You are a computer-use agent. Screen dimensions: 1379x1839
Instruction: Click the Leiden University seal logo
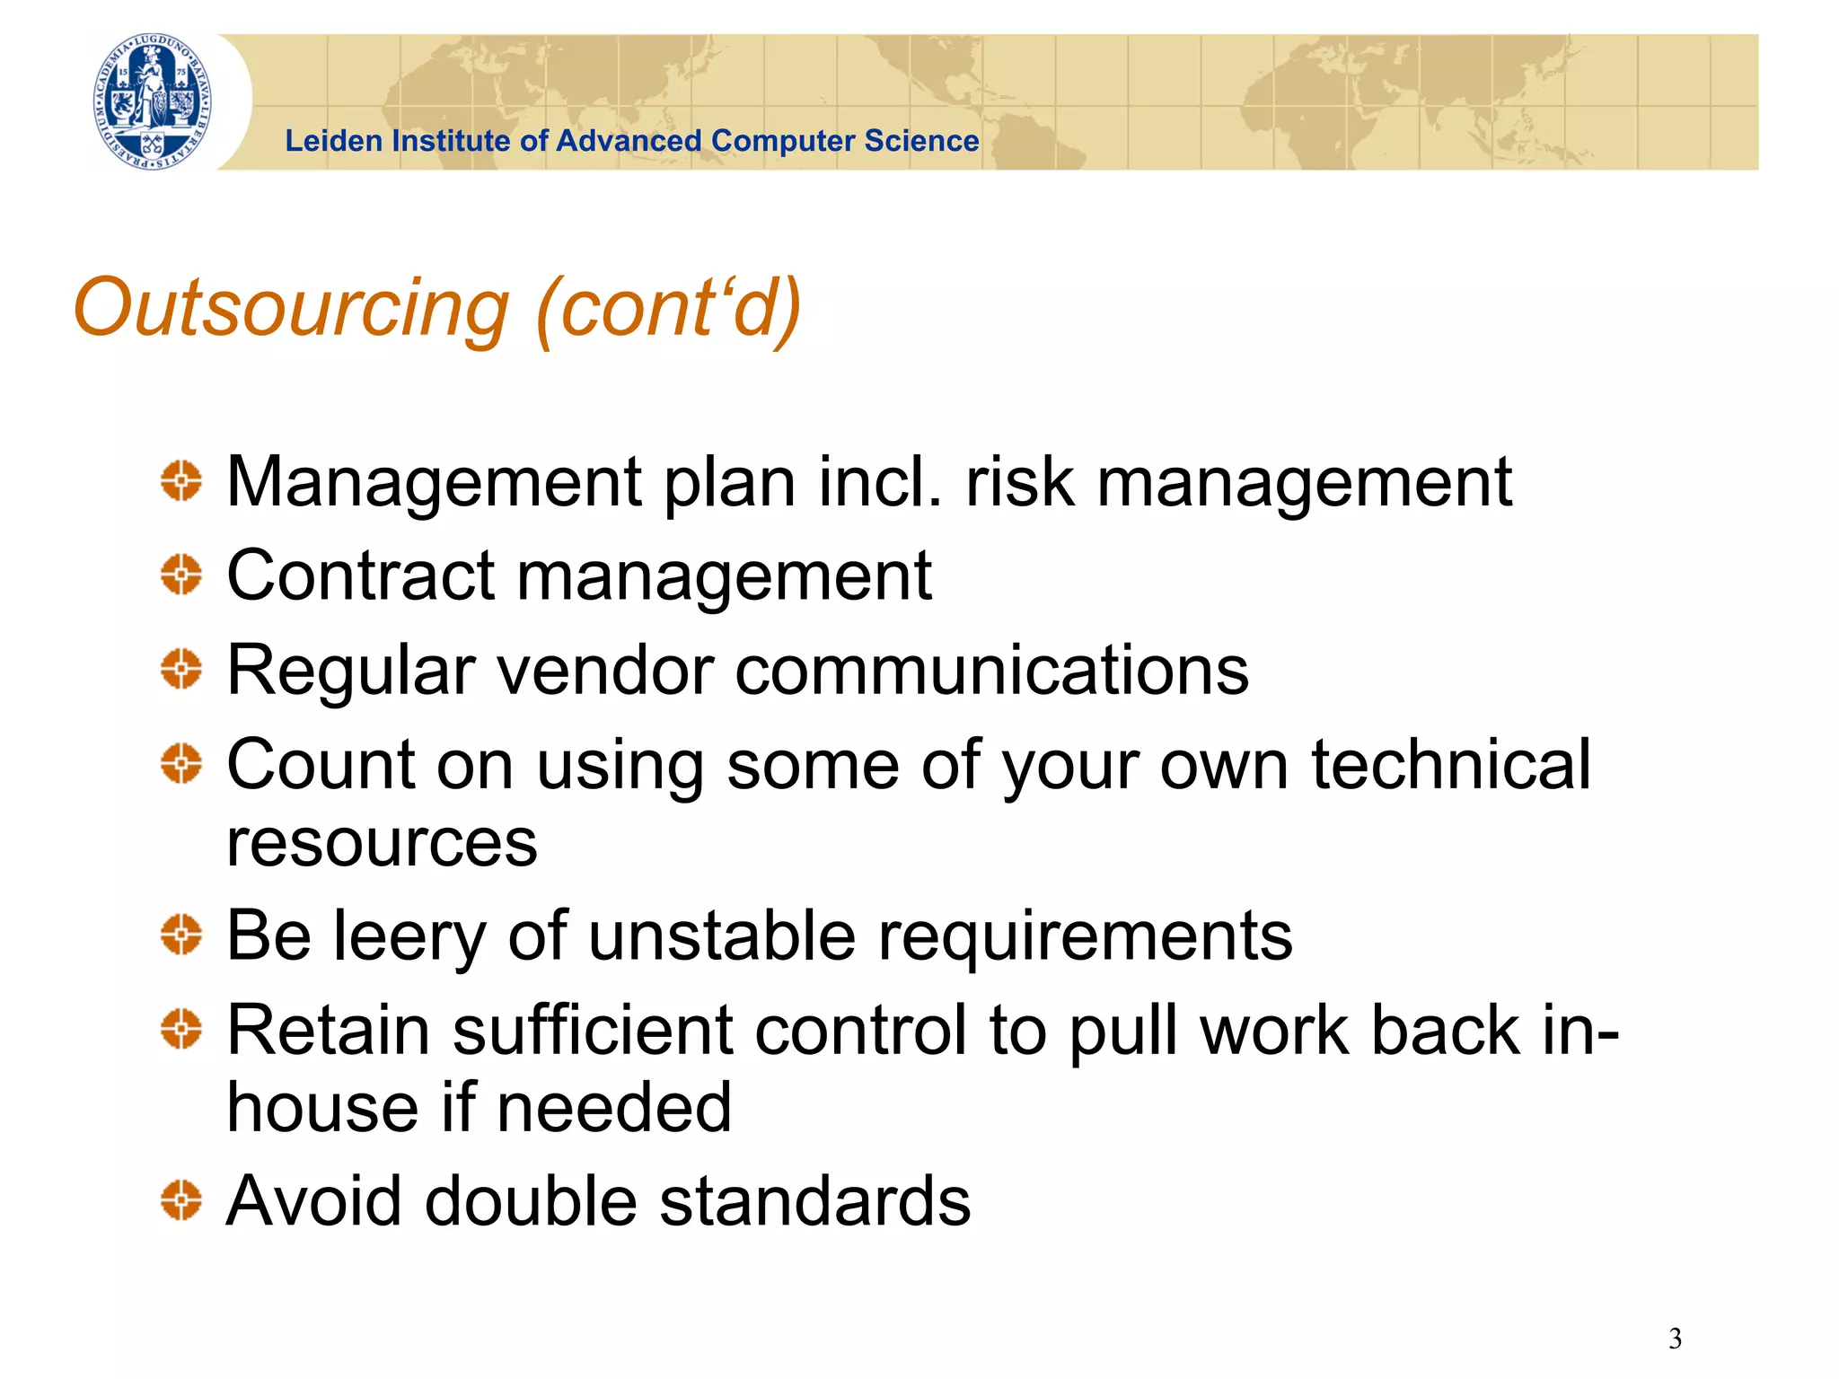[154, 101]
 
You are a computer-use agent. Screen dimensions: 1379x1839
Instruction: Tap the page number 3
[1675, 1339]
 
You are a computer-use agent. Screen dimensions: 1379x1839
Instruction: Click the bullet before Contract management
[181, 575]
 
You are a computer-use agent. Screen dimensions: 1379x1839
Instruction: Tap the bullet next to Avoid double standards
[181, 1200]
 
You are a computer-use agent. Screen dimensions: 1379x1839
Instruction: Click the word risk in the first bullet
[1019, 483]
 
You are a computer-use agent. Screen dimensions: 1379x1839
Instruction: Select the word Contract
[360, 576]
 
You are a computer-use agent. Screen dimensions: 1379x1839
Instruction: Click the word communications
[991, 671]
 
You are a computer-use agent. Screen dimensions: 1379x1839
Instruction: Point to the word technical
[1450, 764]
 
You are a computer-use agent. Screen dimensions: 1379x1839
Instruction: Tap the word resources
[382, 843]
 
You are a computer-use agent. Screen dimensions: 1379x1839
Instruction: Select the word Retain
[328, 1030]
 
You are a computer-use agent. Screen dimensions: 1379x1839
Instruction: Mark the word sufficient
[593, 1030]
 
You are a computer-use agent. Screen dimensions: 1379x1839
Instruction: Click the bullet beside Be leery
[181, 935]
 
